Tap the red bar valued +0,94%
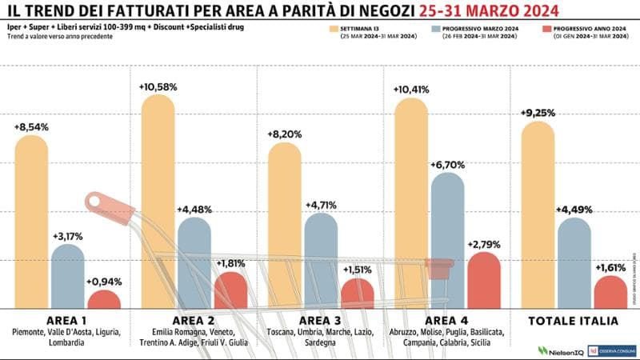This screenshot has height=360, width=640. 104,300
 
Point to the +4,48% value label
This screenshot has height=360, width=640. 195,210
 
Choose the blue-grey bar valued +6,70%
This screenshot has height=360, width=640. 447,240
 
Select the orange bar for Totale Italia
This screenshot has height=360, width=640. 538,216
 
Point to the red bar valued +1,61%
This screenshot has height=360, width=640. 611,293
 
